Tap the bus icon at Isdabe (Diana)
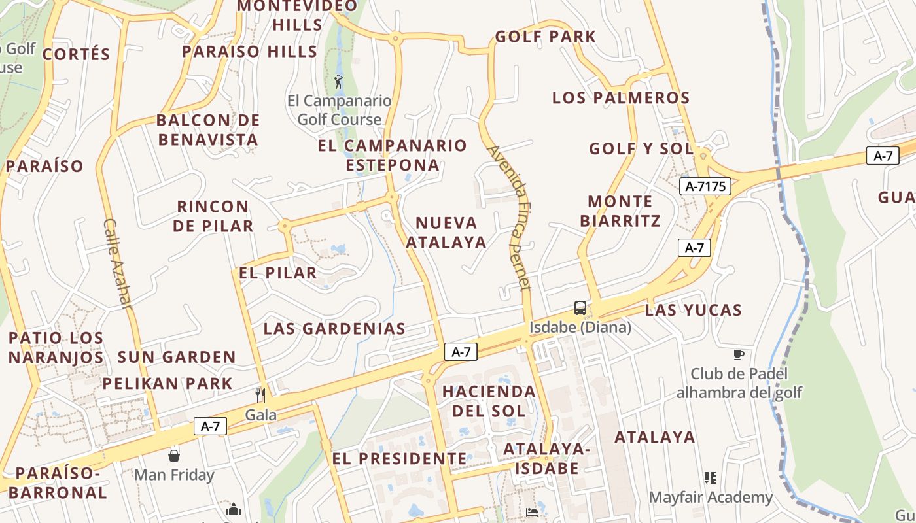point(580,308)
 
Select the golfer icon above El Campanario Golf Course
point(338,82)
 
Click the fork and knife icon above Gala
point(260,395)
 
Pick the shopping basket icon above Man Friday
point(174,455)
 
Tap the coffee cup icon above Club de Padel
point(739,354)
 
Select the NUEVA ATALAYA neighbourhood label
point(446,232)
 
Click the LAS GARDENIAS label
point(334,329)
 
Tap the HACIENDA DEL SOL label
point(489,401)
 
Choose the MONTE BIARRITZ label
point(620,211)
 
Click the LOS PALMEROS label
point(621,98)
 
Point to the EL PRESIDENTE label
point(400,458)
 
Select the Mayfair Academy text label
point(711,498)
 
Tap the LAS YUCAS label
point(694,310)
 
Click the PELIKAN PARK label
point(167,383)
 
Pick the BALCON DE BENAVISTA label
point(208,129)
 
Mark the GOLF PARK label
point(546,37)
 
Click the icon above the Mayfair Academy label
point(711,478)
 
